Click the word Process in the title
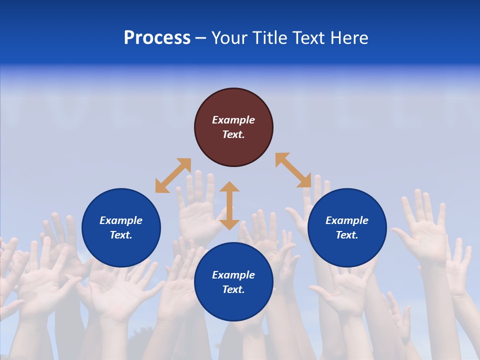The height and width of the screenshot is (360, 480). [157, 38]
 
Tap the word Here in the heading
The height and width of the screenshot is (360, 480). [348, 38]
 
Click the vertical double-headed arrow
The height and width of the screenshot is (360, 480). [229, 205]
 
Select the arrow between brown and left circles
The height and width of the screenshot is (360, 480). [173, 175]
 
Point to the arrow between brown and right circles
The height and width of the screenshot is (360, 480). [293, 170]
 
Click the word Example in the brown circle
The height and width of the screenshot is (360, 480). [233, 120]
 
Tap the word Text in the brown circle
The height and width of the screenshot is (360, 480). [233, 134]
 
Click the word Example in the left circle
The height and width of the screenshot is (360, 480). [121, 220]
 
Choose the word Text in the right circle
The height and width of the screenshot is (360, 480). [347, 235]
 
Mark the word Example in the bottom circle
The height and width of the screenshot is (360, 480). [233, 275]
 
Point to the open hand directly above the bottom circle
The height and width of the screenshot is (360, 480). [197, 205]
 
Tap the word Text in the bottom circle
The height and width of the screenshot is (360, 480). [233, 289]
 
